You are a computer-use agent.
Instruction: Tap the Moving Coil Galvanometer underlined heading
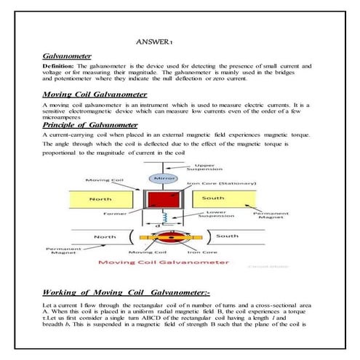tap(95, 95)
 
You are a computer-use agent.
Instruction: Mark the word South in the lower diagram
tap(227, 236)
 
